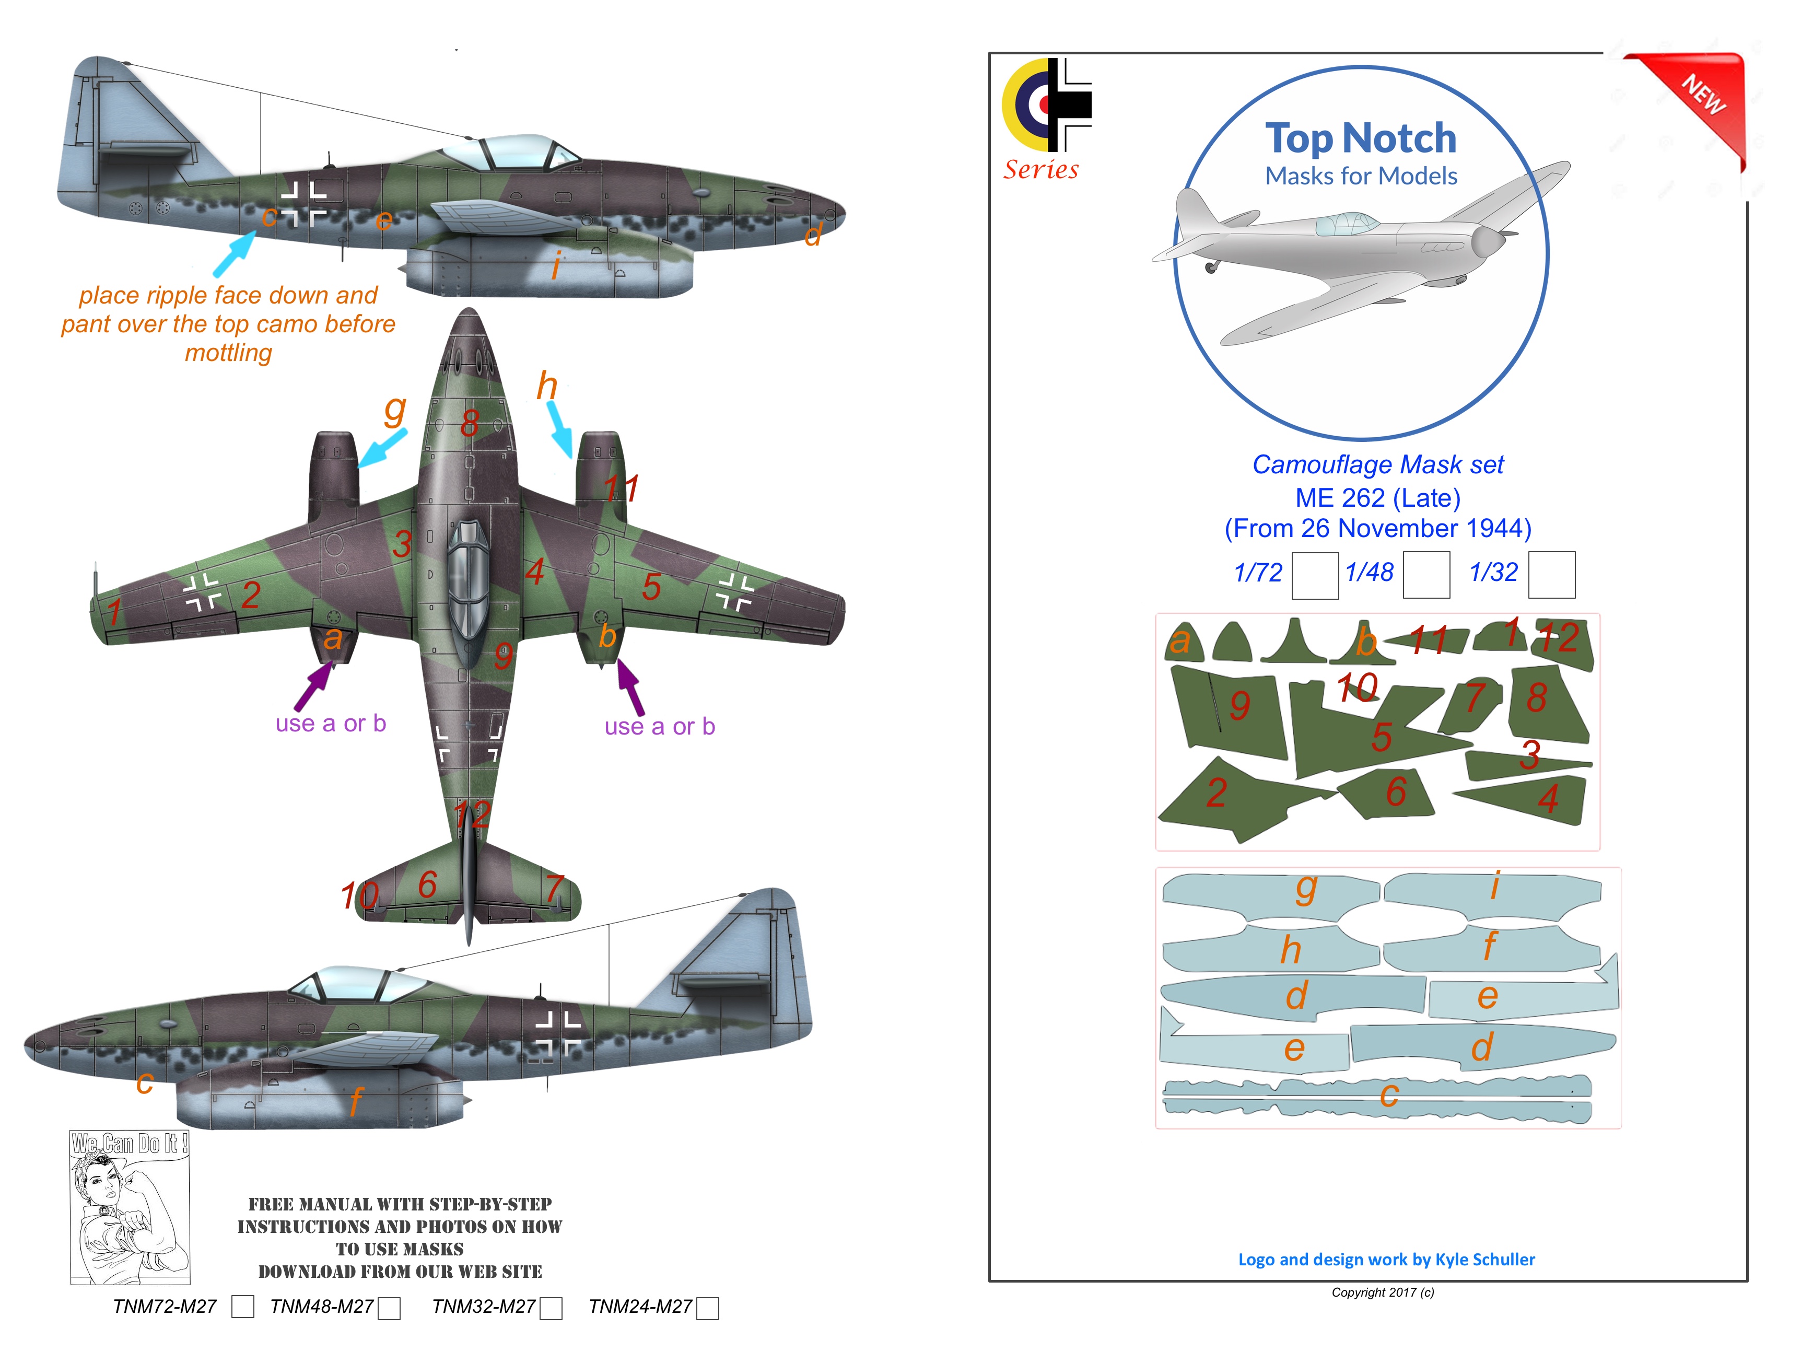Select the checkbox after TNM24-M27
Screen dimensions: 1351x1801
coord(708,1308)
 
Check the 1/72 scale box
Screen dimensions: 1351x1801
coord(1314,575)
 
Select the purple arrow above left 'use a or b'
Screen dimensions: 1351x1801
coord(313,685)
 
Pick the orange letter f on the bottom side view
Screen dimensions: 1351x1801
coord(356,1102)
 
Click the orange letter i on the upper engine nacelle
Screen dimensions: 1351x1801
coord(557,265)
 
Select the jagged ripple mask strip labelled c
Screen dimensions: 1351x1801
coord(1376,1098)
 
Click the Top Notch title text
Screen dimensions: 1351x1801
coord(1361,138)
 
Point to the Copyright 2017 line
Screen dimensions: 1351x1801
coord(1383,1292)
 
